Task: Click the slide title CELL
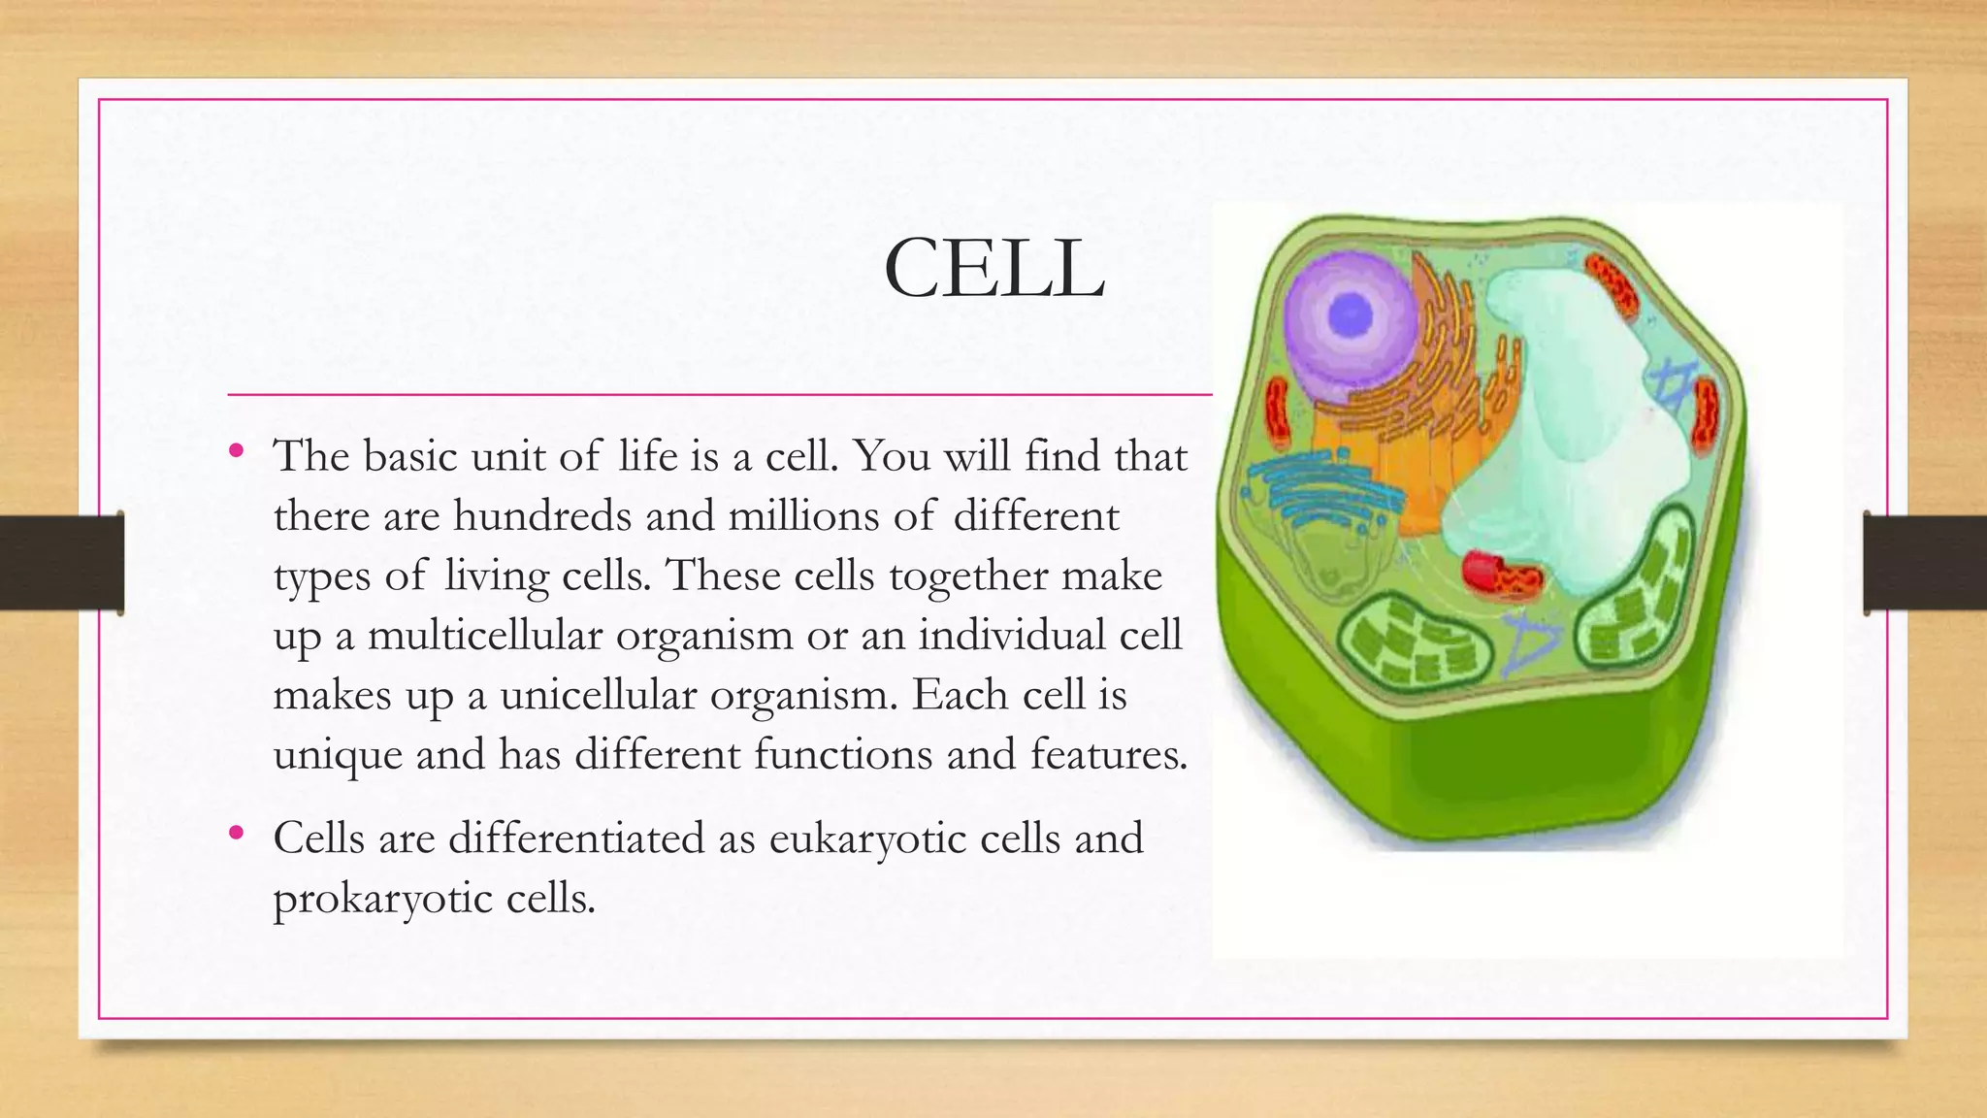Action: pos(993,270)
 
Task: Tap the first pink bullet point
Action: pos(236,449)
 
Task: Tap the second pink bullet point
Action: pos(236,832)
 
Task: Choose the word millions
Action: pos(803,515)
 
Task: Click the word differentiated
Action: pos(576,838)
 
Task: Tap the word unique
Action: pos(338,754)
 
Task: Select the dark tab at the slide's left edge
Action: pos(61,563)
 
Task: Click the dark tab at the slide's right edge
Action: pos(1925,563)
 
